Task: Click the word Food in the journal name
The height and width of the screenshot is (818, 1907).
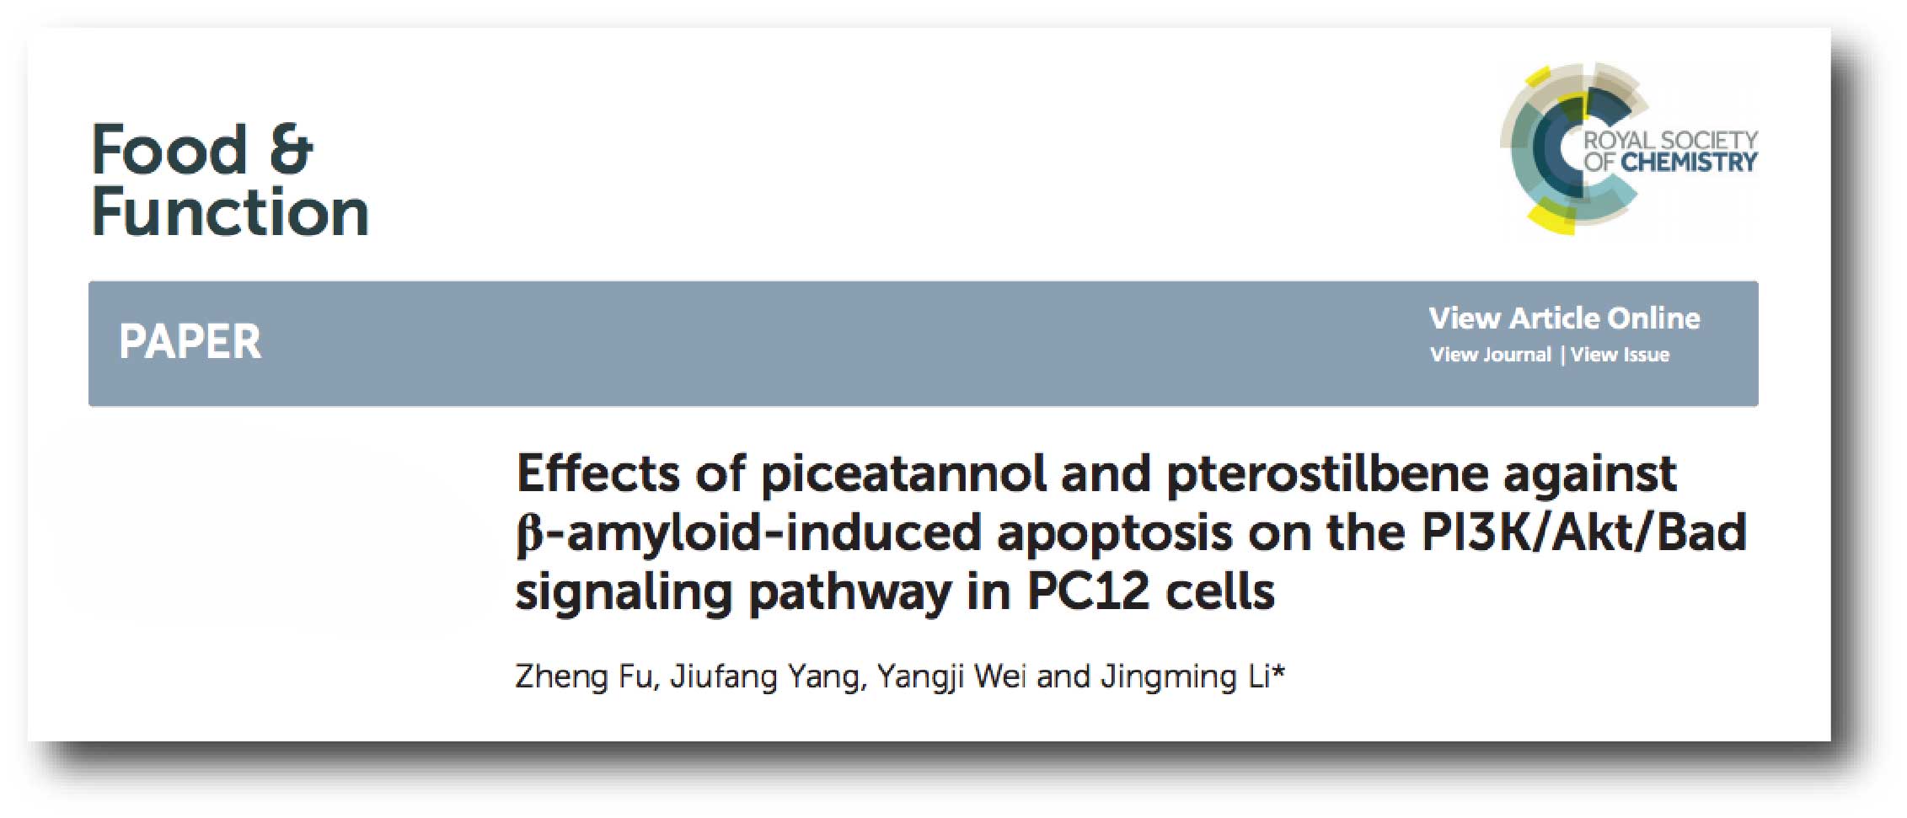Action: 169,150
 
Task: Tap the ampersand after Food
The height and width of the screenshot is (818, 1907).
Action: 291,150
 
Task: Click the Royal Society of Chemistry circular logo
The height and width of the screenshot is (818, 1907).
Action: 1572,149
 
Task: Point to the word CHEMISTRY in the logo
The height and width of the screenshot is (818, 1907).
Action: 1690,162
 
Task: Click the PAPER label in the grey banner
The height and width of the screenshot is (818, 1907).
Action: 190,342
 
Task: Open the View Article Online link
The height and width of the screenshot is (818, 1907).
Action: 1565,318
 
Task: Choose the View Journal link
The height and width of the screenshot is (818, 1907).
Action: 1490,355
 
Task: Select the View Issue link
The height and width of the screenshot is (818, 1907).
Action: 1620,355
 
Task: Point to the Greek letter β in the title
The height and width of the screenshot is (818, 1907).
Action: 528,535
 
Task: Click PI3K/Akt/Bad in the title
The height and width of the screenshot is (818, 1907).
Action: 1583,532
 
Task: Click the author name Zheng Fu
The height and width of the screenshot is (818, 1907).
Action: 584,676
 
